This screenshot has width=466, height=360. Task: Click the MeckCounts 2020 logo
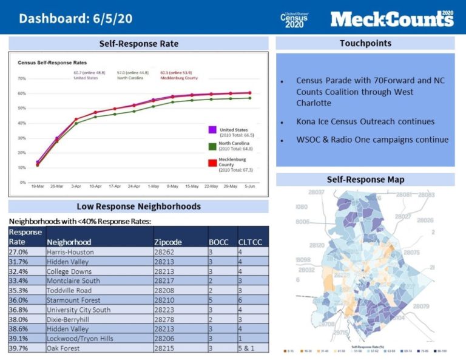[x=391, y=19]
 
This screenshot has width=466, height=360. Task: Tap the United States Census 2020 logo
[x=294, y=19]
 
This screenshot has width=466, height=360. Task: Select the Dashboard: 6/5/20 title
[x=76, y=18]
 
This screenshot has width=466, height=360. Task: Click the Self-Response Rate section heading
[x=139, y=44]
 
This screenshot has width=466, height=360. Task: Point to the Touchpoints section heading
[x=365, y=43]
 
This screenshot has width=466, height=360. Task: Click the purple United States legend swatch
[x=212, y=130]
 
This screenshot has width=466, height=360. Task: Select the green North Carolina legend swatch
[x=212, y=146]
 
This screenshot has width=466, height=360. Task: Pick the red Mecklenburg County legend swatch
[x=212, y=163]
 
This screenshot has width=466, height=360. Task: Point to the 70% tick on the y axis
[x=21, y=78]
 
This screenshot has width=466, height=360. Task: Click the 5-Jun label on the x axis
[x=250, y=186]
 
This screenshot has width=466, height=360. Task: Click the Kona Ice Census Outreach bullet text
[x=365, y=121]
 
